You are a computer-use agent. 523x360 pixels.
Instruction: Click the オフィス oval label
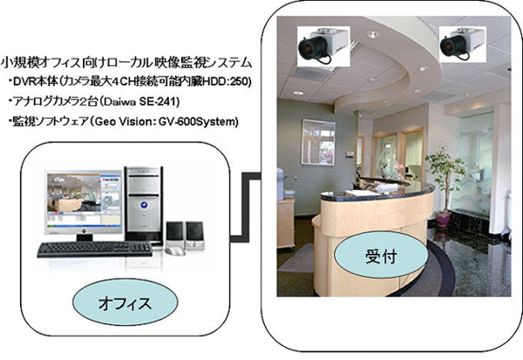(125, 303)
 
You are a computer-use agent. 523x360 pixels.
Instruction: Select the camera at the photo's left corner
(323, 46)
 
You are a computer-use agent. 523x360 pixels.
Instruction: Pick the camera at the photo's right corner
(462, 44)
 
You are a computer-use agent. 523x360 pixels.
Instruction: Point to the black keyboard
(95, 249)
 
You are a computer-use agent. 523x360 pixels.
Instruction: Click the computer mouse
(174, 250)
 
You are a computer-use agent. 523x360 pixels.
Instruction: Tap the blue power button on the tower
(144, 205)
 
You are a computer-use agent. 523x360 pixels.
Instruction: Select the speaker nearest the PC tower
(174, 234)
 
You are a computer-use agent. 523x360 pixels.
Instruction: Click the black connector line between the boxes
(246, 207)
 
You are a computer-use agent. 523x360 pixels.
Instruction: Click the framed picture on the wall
(318, 142)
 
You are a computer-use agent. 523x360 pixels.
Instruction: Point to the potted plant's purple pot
(444, 219)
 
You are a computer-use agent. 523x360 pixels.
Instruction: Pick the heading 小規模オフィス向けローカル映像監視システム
(126, 63)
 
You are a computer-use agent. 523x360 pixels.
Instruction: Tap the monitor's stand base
(85, 237)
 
